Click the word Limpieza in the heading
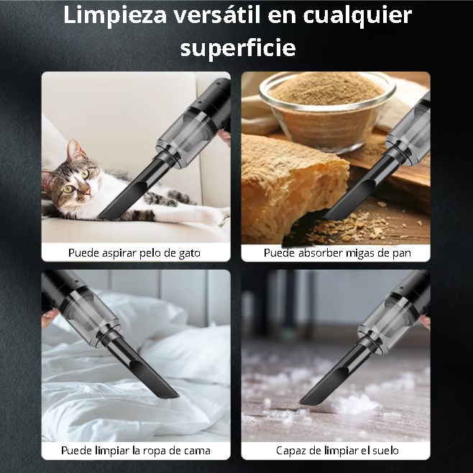pos(115,15)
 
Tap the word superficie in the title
pos(238,48)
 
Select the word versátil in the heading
pos(217,14)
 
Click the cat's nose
pos(88,191)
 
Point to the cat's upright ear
pos(75,151)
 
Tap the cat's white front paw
pos(211,216)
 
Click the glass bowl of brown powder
pos(327,110)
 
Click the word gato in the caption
pos(190,253)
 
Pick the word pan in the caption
pos(402,253)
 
